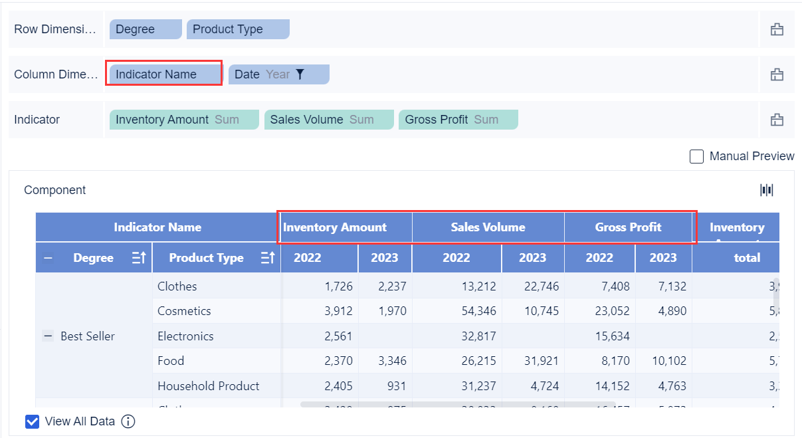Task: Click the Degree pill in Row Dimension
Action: [x=145, y=29]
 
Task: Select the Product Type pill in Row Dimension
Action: [x=237, y=29]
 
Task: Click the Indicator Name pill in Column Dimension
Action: [x=164, y=74]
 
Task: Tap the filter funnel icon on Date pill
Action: [x=300, y=74]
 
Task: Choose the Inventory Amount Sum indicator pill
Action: [x=183, y=120]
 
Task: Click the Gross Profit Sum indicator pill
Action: [x=457, y=120]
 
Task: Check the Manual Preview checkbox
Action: [x=696, y=156]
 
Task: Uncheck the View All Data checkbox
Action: [x=32, y=421]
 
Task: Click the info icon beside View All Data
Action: [x=128, y=421]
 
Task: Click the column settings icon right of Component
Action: [x=767, y=190]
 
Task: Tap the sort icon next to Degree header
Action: [x=139, y=258]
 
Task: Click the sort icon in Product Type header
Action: [x=268, y=258]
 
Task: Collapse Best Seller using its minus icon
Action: [x=48, y=336]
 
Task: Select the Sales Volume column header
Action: [x=488, y=227]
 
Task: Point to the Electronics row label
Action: [x=185, y=336]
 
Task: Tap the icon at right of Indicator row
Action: [x=776, y=120]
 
